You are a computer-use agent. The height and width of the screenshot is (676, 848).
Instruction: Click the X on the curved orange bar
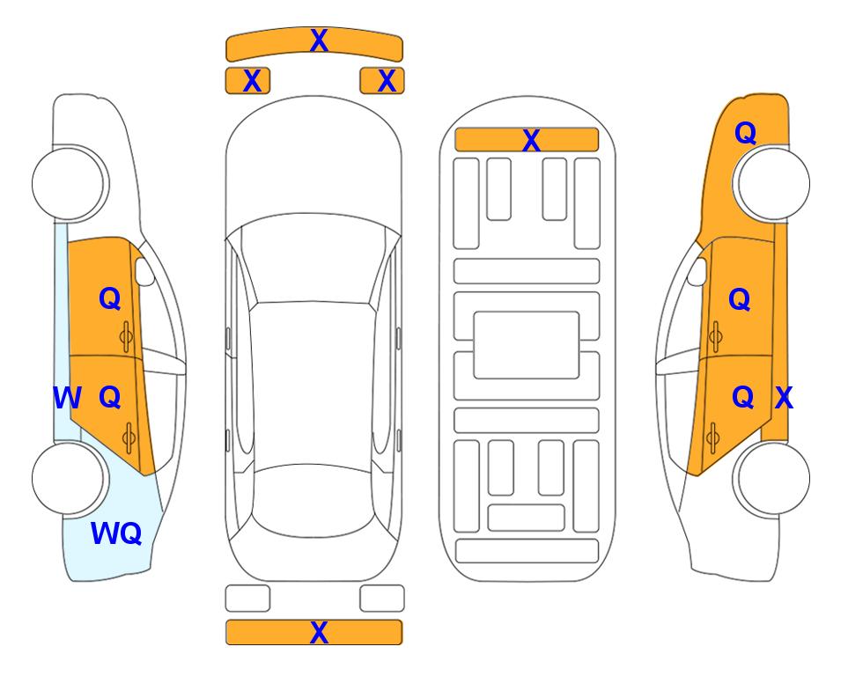319,40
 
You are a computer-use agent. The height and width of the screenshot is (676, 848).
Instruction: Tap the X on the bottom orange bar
319,632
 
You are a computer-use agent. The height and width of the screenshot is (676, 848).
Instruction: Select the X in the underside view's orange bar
531,141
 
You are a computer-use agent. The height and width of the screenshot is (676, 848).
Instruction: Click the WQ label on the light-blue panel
116,533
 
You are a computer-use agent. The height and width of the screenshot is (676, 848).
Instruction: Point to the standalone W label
67,398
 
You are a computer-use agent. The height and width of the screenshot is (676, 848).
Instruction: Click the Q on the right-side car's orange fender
745,133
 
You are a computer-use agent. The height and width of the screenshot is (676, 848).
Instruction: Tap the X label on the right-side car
784,398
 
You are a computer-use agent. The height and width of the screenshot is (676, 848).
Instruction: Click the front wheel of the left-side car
70,183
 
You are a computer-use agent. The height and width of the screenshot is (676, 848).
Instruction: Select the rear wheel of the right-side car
771,479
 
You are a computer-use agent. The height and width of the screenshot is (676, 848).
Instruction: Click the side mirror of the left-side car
144,271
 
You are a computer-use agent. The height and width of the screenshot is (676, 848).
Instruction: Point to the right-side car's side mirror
697,271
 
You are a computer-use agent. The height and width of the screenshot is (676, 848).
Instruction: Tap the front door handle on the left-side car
126,336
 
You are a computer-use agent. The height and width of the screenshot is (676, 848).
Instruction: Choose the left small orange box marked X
247,81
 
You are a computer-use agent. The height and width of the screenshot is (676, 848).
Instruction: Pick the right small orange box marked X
382,81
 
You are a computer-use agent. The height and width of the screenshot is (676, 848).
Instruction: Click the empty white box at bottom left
247,599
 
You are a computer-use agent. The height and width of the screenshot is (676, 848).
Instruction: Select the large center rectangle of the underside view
527,345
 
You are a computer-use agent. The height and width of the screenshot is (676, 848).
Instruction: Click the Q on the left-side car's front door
110,298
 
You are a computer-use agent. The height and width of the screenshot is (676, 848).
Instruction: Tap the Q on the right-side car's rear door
742,398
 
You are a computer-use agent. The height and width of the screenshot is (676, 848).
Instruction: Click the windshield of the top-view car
313,259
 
